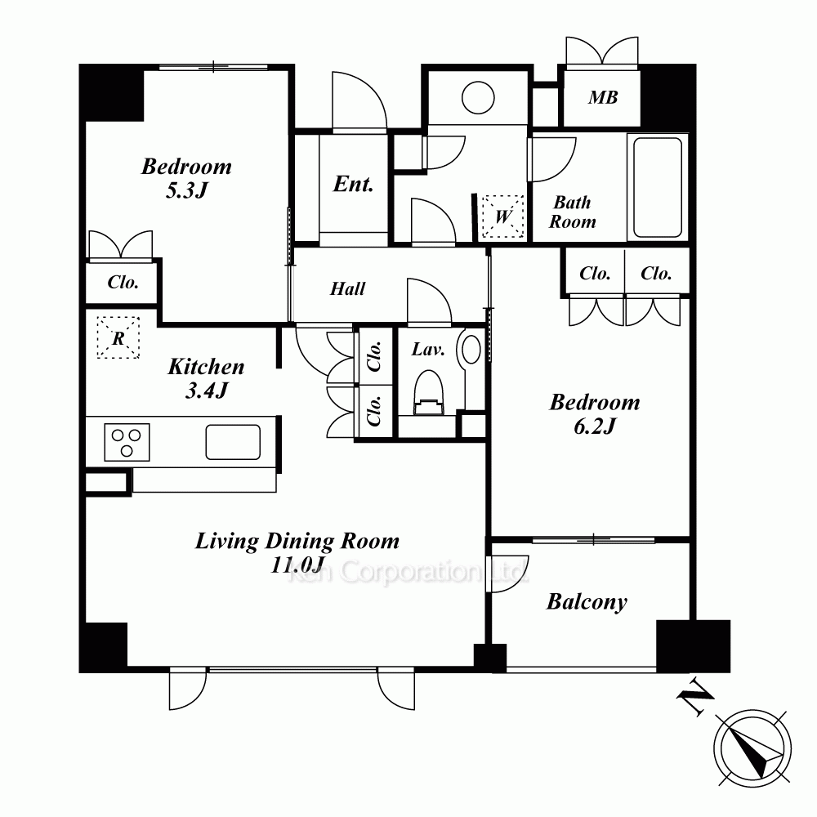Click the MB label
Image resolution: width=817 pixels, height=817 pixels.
(603, 97)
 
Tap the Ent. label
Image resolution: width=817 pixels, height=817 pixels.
(353, 184)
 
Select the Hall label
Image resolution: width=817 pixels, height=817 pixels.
(347, 288)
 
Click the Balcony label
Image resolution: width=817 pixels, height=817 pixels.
(587, 602)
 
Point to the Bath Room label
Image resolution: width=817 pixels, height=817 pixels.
(572, 212)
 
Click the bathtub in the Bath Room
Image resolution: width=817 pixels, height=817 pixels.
(658, 188)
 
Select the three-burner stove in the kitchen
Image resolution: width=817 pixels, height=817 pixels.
(127, 442)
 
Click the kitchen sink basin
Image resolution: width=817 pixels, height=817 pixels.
(233, 442)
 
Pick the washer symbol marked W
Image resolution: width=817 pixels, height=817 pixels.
(502, 217)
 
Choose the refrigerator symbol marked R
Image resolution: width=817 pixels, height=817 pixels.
(118, 337)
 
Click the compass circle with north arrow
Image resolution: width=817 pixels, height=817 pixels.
(752, 748)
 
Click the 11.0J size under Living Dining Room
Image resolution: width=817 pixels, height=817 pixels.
(297, 565)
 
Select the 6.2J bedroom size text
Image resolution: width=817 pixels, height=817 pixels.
(595, 426)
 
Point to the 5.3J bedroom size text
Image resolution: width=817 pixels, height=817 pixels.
(186, 190)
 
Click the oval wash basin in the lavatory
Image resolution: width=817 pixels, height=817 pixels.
(471, 349)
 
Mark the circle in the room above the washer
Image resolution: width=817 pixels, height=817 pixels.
(478, 97)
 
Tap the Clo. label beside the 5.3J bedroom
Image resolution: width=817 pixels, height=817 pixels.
(123, 282)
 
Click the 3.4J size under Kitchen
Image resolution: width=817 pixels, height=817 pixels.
(207, 391)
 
